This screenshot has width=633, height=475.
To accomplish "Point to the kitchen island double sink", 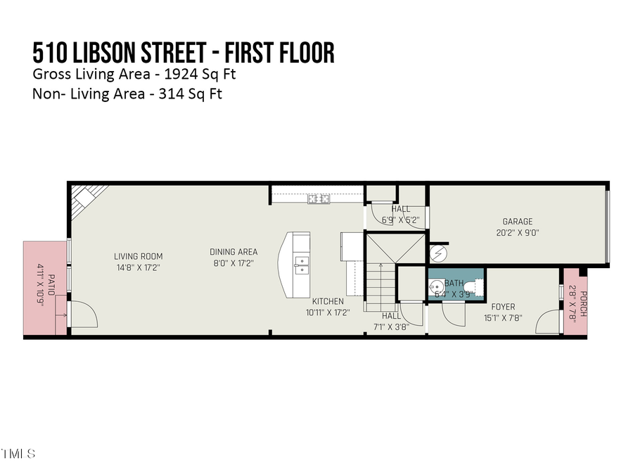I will point(301,265).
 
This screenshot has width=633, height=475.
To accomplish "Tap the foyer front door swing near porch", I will point(547,323).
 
